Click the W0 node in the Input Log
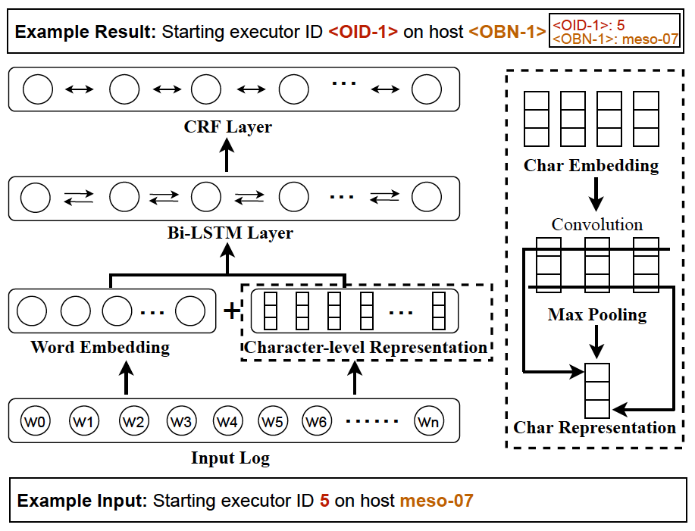pos(36,420)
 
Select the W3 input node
pos(181,420)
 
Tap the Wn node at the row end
pos(427,420)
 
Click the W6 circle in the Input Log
pos(318,420)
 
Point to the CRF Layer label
pos(227,127)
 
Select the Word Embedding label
pos(100,348)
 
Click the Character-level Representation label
pos(365,348)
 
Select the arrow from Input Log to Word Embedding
pos(127,377)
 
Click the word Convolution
pos(597,225)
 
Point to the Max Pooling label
pos(597,314)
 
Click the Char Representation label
pos(594,427)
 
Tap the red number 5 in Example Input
pos(324,501)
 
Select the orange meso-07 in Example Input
pos(436,501)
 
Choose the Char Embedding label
pos(591,165)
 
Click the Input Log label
pos(230,458)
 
